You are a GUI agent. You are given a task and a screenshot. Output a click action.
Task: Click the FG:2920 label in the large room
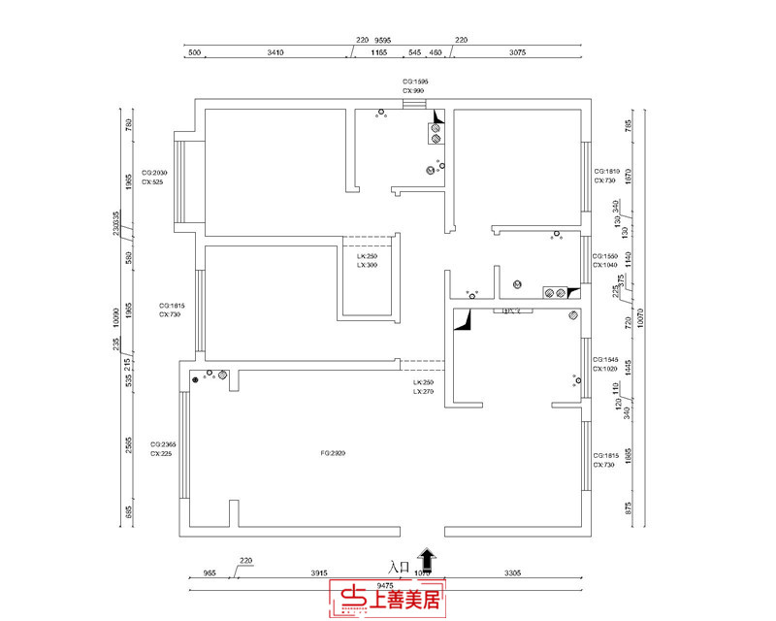333,453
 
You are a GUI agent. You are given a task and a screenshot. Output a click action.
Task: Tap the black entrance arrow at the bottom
427,558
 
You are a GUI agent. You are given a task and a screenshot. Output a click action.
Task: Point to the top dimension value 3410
275,53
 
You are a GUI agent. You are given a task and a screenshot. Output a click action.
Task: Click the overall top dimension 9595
385,42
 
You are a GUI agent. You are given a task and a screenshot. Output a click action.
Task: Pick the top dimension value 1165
379,53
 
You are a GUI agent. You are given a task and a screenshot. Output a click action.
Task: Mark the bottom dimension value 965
209,573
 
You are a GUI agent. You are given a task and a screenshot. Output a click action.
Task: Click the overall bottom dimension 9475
384,585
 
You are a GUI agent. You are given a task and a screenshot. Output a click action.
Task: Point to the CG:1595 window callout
415,82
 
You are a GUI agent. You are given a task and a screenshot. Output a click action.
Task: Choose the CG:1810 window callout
605,171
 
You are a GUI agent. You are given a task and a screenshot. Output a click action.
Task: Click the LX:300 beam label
367,265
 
